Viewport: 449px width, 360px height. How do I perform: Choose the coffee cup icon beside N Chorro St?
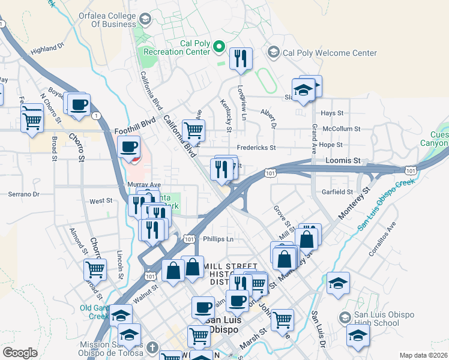(79, 105)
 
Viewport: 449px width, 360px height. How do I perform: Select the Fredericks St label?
(256, 148)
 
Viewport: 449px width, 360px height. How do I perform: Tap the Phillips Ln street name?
(217, 239)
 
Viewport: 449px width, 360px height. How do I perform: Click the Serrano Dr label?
(23, 194)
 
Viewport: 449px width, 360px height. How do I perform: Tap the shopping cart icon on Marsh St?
(282, 319)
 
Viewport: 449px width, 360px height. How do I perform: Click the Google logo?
(20, 353)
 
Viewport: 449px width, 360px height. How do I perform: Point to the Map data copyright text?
(423, 355)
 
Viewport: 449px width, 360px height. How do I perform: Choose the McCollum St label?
(341, 128)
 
